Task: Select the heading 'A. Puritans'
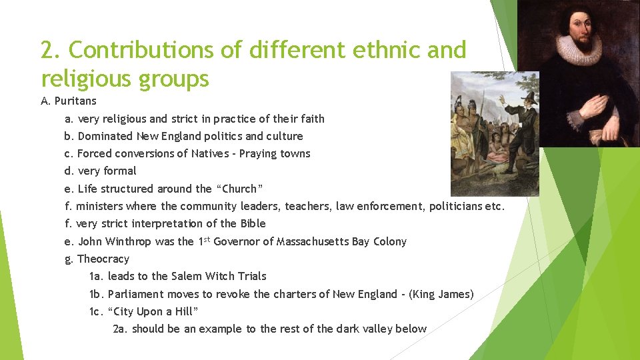[x=69, y=101]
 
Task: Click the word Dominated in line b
[x=105, y=136]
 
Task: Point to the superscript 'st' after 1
[x=207, y=239]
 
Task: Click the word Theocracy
[x=103, y=259]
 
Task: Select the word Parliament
[x=135, y=294]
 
